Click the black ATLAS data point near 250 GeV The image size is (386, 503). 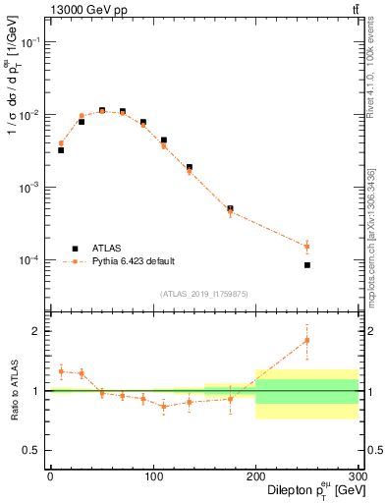pos(306,265)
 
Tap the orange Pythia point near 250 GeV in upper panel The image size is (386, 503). pos(306,246)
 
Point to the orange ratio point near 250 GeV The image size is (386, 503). pos(306,340)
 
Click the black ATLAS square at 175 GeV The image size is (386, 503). pos(230,208)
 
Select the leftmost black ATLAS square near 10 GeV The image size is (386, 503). pos(61,150)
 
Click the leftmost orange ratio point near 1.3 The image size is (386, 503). pos(61,371)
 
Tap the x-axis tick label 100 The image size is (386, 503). pos(152,475)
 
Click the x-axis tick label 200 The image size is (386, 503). pos(255,475)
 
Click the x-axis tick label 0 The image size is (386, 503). pos(50,475)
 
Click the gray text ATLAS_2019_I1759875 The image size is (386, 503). pos(202,294)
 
